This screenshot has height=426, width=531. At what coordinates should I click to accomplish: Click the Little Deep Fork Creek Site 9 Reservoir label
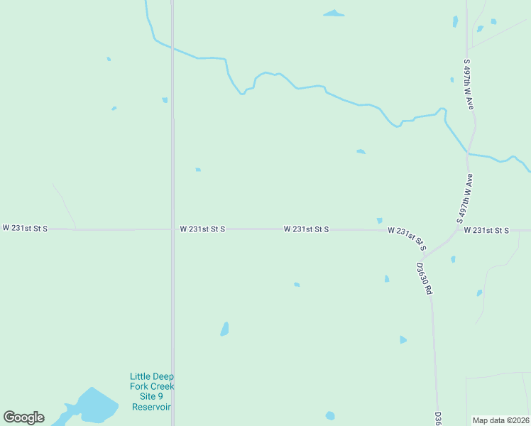click(x=152, y=391)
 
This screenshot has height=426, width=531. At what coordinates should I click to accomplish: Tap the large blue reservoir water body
click(x=92, y=407)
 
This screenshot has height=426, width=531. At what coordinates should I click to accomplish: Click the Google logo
click(x=23, y=417)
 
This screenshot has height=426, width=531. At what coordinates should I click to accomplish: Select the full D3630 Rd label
click(x=424, y=278)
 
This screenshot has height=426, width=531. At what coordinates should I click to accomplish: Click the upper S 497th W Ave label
click(x=468, y=84)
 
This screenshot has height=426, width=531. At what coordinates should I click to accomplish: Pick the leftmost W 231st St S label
click(x=25, y=228)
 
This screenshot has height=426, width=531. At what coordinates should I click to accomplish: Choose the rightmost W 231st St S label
click(x=486, y=230)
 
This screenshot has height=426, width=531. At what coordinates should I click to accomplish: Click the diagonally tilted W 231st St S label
click(x=407, y=238)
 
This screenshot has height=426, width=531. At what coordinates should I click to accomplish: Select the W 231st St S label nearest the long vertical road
click(x=202, y=229)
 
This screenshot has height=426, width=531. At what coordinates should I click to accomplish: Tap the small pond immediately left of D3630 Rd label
click(x=387, y=279)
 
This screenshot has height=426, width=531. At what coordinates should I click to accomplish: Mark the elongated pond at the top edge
click(x=333, y=13)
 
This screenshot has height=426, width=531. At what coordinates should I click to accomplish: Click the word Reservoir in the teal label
click(x=152, y=407)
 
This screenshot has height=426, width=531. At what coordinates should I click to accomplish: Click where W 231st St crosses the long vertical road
click(x=173, y=229)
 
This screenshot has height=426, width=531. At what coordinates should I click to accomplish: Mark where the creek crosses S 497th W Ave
click(x=468, y=152)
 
